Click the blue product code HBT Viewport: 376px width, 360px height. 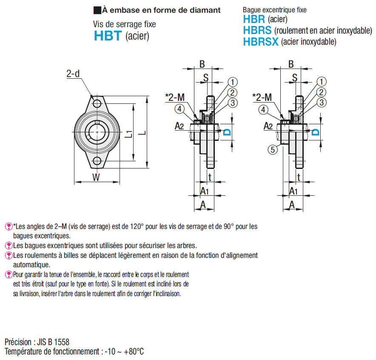pos(108,36)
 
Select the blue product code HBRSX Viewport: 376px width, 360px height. pos(261,41)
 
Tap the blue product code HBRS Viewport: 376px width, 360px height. pos(257,30)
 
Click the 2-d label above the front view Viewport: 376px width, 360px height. pos(73,74)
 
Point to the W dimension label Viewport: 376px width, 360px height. pos(97,177)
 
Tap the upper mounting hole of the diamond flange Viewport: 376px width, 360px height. pos(97,104)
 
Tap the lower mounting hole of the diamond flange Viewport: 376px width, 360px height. pos(97,160)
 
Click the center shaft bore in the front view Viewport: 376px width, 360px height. pos(97,132)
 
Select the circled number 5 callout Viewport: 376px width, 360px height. pos(272,149)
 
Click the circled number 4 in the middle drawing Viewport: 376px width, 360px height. pos(179,109)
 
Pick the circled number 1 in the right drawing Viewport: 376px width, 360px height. pos(322,82)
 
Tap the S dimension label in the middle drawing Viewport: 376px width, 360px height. pos(206,77)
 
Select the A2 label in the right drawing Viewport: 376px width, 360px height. pos(268,126)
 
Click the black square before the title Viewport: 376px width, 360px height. pos(97,10)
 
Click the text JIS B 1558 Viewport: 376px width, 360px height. pos(51,342)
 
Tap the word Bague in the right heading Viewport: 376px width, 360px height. pos(252,9)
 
